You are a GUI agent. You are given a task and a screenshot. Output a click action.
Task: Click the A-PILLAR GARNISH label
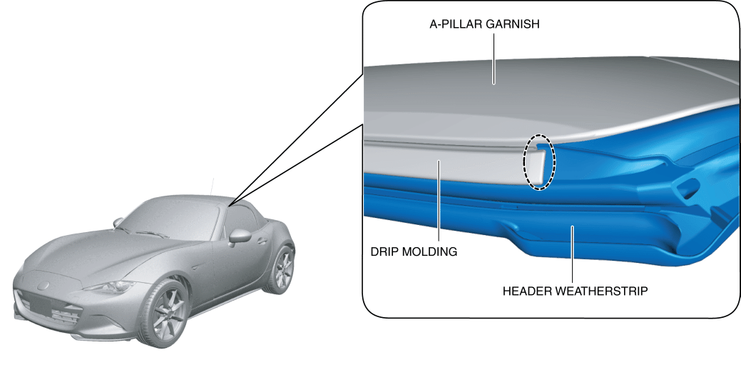click(484, 24)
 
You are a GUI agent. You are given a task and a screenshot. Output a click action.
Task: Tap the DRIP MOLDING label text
click(414, 251)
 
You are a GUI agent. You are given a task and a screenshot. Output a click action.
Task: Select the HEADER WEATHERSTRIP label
click(575, 291)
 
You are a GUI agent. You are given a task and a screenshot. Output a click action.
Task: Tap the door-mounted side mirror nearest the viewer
click(238, 236)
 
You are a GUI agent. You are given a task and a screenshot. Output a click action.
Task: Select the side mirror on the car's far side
click(118, 223)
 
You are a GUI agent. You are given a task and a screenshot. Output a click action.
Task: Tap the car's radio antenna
click(213, 186)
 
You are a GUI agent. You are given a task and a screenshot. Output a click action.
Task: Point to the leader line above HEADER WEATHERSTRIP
click(573, 254)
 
